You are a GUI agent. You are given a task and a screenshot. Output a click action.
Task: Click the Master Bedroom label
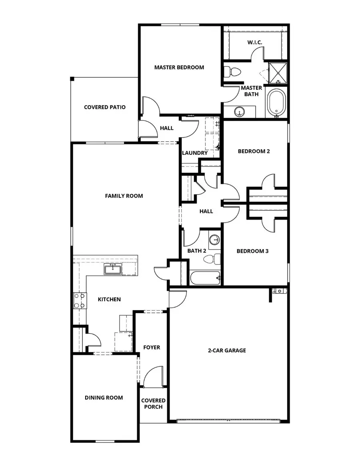click(x=179, y=67)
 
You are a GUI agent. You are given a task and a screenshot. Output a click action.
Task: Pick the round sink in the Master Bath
click(x=240, y=111)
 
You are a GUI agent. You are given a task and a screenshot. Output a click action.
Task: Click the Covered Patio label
click(x=105, y=107)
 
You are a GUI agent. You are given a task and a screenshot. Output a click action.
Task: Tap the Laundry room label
click(x=195, y=153)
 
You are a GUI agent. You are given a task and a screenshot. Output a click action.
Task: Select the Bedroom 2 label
click(x=254, y=151)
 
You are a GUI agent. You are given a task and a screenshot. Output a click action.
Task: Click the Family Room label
click(x=124, y=196)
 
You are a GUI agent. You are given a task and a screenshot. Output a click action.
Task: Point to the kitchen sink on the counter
click(x=113, y=269)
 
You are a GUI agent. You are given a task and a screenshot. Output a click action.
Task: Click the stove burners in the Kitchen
click(x=79, y=301)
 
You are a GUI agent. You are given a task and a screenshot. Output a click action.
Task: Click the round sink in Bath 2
click(x=215, y=240)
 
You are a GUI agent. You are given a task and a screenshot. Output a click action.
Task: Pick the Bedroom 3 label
click(x=252, y=251)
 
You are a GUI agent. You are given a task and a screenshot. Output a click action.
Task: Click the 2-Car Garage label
click(x=227, y=350)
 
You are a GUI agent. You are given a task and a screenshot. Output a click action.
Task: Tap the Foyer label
click(x=152, y=347)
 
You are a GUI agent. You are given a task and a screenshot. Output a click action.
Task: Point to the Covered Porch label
click(x=153, y=404)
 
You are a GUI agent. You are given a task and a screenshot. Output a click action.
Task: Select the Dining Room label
click(x=104, y=398)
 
